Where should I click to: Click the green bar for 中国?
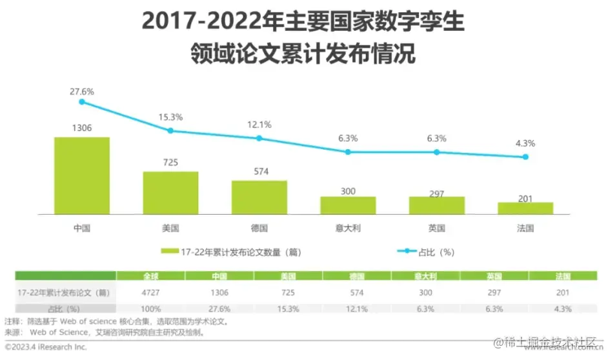[82, 175]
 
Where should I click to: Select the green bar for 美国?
[170, 192]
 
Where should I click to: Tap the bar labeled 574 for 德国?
[259, 197]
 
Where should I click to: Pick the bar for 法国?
[525, 207]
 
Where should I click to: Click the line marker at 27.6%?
[82, 102]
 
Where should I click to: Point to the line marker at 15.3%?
[170, 130]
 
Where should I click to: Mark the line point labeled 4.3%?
[525, 157]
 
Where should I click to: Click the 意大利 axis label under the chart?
[348, 228]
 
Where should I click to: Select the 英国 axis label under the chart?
[436, 228]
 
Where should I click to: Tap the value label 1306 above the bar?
[82, 128]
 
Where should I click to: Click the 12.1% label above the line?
[259, 125]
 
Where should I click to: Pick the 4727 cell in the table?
[150, 292]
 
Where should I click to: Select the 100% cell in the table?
[150, 308]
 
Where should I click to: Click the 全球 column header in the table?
[150, 276]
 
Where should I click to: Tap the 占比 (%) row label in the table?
[64, 308]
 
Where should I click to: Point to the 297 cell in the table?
[494, 292]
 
